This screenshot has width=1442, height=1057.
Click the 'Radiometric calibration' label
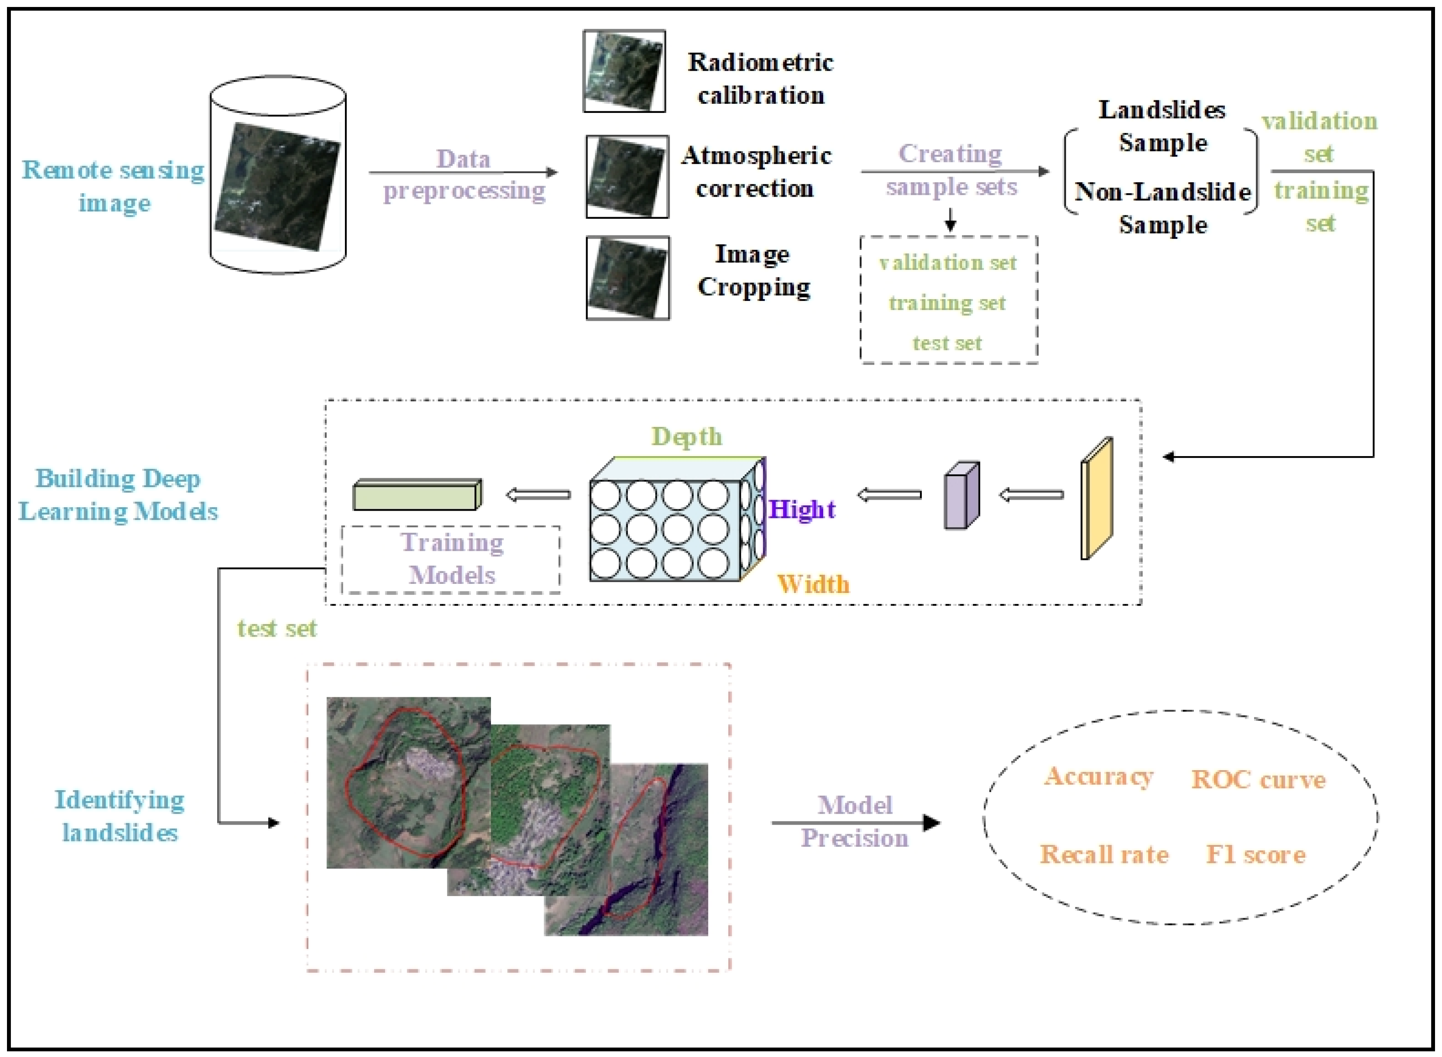tap(760, 78)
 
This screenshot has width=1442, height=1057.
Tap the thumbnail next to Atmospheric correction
tap(627, 177)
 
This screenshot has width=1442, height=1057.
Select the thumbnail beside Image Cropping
tap(627, 278)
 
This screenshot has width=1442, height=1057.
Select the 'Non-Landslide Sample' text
tap(1162, 208)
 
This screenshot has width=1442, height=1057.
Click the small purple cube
tap(961, 496)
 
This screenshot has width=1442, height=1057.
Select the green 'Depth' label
tap(686, 436)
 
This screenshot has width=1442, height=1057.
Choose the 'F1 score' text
tap(1255, 855)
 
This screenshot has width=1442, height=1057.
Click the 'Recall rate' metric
tap(1104, 855)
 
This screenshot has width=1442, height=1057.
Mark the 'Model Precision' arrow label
tap(854, 822)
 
